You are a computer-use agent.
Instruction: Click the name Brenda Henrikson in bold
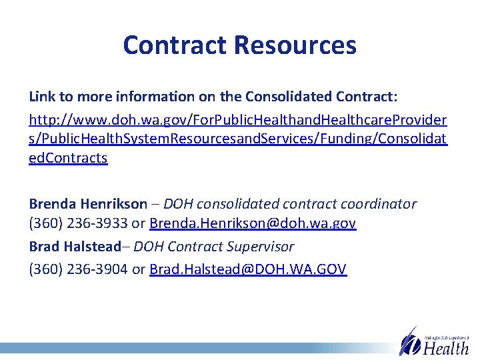(x=88, y=204)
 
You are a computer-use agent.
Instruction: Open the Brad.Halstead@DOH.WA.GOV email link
(x=248, y=269)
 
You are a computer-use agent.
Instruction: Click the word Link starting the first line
(x=41, y=96)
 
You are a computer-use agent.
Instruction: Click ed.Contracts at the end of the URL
(x=68, y=159)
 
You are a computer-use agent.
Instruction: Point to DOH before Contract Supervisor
(x=149, y=247)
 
